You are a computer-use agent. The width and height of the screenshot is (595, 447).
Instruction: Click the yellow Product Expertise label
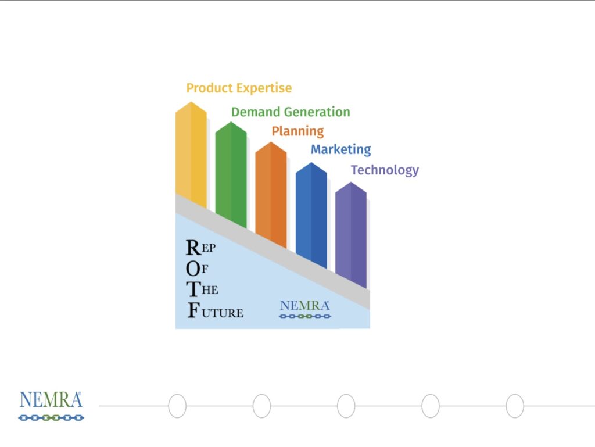(x=239, y=88)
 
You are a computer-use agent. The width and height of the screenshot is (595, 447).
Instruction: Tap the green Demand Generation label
(x=291, y=112)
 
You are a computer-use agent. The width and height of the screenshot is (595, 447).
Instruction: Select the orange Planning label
(x=298, y=131)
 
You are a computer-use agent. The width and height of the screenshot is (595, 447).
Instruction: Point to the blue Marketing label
(x=340, y=149)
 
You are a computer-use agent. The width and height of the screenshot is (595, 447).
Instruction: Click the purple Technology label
(x=385, y=170)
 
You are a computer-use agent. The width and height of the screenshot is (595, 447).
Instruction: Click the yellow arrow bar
(x=191, y=153)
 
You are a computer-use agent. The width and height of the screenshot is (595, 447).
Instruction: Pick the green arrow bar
(x=231, y=174)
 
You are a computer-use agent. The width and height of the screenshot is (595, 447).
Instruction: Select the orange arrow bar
(x=271, y=194)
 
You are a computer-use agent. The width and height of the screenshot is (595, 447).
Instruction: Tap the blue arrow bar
(x=311, y=214)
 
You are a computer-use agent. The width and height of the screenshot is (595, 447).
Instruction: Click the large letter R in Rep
(x=193, y=248)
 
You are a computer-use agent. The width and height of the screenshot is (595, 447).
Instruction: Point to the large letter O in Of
(x=193, y=269)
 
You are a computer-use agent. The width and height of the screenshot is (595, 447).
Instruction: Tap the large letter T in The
(x=193, y=289)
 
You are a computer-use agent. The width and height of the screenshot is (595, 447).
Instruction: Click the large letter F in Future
(x=193, y=310)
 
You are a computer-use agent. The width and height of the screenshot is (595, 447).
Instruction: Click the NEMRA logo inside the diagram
(x=305, y=309)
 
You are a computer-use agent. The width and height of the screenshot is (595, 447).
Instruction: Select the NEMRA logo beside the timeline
(x=51, y=406)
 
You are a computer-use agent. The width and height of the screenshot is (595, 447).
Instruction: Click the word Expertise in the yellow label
(x=264, y=88)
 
